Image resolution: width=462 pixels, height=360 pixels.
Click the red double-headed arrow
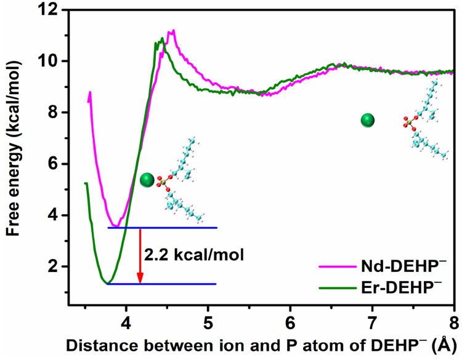(x=140, y=256)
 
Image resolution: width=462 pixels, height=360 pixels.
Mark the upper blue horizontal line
(x=163, y=228)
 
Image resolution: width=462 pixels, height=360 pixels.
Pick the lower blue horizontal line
(x=163, y=284)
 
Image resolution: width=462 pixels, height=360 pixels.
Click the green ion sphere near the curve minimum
(x=147, y=180)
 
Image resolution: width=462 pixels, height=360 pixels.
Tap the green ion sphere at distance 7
(x=368, y=121)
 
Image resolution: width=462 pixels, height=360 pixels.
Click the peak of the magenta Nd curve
(x=172, y=30)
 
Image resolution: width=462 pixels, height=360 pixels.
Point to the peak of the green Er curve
(x=162, y=39)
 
